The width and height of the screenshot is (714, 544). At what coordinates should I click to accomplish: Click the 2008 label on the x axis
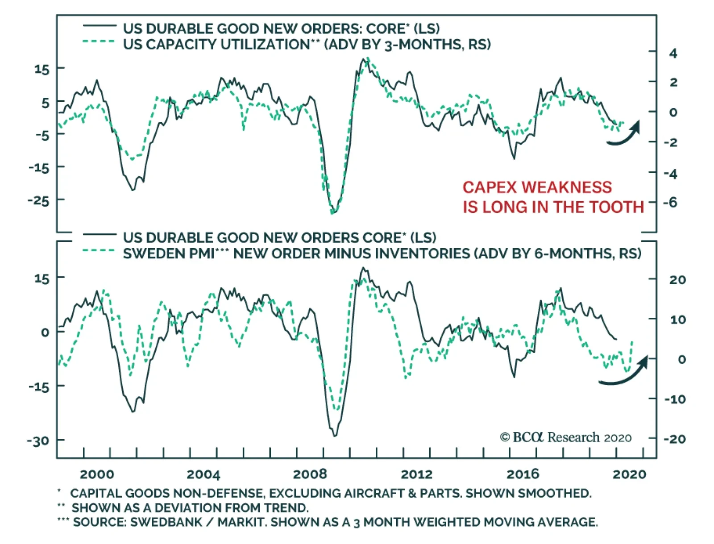[x=310, y=474]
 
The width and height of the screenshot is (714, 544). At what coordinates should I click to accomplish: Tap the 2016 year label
[x=523, y=474]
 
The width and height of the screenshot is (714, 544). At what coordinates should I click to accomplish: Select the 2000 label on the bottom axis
[x=97, y=474]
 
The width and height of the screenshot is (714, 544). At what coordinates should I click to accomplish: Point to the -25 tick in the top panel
[x=38, y=200]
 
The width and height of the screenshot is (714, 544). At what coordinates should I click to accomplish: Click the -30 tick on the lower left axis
[x=38, y=441]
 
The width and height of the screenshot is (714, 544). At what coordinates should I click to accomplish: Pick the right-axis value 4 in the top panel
[x=673, y=54]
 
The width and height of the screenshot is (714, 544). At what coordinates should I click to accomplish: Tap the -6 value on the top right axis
[x=671, y=203]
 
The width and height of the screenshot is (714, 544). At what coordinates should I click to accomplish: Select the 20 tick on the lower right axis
[x=677, y=280]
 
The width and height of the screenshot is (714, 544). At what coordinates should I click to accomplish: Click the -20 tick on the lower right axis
[x=675, y=439]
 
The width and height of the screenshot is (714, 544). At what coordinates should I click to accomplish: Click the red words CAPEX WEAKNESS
[x=537, y=187]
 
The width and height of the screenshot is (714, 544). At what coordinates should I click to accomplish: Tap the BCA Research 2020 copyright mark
[x=566, y=437]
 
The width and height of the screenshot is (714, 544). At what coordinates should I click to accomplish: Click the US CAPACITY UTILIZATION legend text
[x=216, y=45]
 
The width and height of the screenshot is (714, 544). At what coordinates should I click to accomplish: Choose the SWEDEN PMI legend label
[x=169, y=253]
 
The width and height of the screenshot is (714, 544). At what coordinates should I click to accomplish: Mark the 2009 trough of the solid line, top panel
[x=332, y=212]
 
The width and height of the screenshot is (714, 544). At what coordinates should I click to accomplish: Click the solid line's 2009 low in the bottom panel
[x=335, y=436]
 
